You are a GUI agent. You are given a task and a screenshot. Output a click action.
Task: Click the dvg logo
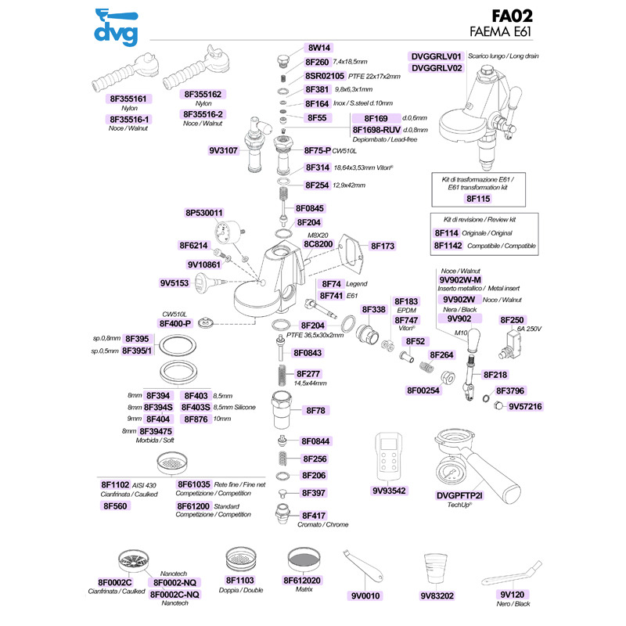tap(116, 27)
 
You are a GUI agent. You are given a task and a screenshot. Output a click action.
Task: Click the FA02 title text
tap(512, 16)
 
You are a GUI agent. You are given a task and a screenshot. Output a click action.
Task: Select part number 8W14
tap(319, 48)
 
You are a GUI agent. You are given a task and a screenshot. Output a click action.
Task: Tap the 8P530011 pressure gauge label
tap(204, 213)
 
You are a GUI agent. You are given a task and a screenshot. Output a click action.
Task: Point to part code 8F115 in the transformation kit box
tap(478, 199)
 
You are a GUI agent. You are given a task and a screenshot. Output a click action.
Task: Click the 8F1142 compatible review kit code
tap(448, 246)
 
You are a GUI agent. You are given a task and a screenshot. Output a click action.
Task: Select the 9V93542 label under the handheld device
tap(389, 491)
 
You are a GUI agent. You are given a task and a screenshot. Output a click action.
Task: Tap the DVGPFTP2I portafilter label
tap(459, 495)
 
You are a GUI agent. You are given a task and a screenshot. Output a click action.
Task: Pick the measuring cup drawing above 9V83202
tap(436, 569)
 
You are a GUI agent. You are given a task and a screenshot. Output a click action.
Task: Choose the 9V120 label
tap(513, 595)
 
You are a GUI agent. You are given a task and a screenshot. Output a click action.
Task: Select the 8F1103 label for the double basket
tap(240, 580)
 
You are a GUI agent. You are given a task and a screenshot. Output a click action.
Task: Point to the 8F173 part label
tap(383, 246)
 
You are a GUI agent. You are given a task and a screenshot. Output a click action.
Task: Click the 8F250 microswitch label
tap(512, 320)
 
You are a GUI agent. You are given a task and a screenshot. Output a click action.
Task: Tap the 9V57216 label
tap(525, 406)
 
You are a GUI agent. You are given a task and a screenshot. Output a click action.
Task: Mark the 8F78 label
tap(316, 410)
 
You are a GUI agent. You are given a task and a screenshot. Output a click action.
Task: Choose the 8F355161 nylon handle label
tap(128, 99)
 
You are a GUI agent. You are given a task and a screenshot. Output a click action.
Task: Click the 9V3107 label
tap(223, 150)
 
